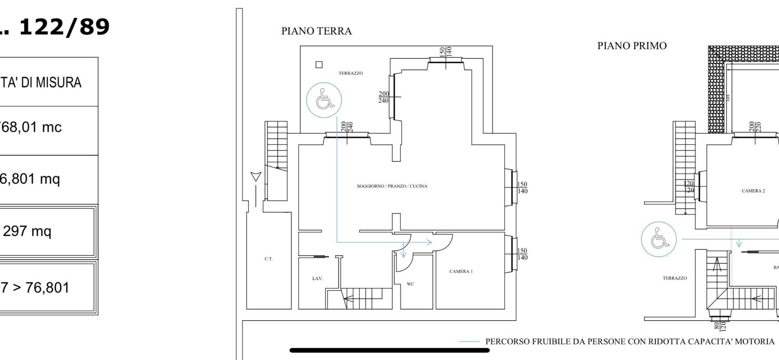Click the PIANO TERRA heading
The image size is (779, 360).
(316, 31)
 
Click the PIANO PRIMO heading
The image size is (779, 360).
(632, 46)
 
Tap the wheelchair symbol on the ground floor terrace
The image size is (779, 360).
(324, 100)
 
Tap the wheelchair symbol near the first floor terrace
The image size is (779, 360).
(658, 239)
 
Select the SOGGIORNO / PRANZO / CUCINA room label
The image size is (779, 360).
(392, 186)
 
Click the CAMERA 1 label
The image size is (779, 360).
(461, 272)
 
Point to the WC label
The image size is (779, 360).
(410, 284)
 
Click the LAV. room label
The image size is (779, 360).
(317, 278)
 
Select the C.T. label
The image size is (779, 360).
(269, 259)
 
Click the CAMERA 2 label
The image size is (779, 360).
(753, 191)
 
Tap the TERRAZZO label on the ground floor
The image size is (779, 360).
(351, 73)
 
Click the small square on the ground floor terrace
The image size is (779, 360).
(319, 65)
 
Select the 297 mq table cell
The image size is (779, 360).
(28, 231)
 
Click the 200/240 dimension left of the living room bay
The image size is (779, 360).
(383, 97)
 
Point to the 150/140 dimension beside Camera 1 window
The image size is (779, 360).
(522, 254)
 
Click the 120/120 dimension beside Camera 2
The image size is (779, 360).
(689, 187)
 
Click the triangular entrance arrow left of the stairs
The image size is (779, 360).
(255, 176)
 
